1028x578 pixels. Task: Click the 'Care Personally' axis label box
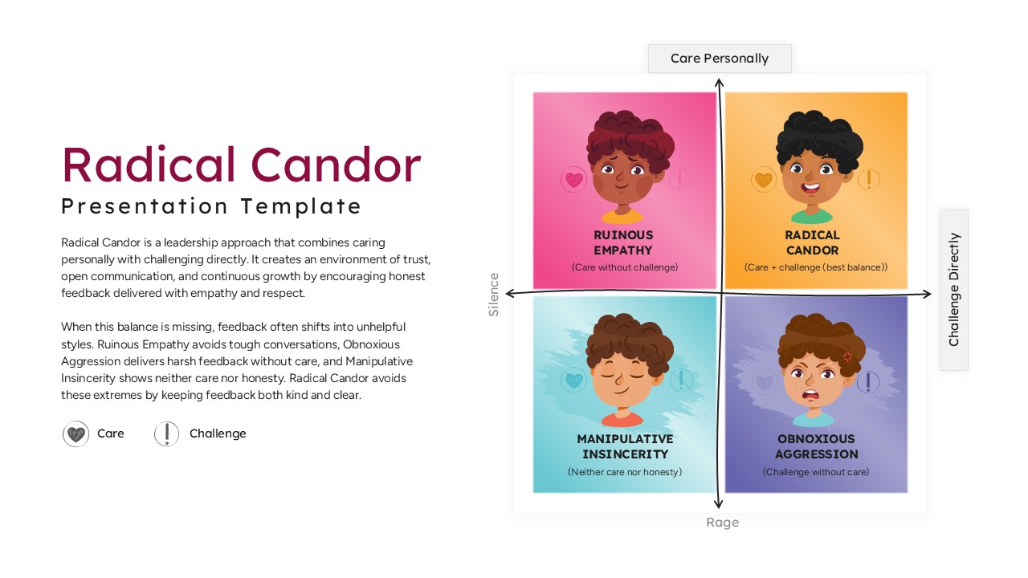(x=720, y=59)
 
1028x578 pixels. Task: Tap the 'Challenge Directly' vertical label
(x=954, y=290)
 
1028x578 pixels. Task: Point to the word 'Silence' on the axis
(x=494, y=295)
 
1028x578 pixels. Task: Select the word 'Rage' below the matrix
(x=722, y=523)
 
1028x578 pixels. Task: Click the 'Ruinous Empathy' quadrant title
(x=623, y=242)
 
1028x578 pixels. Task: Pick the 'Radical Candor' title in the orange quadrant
(x=813, y=242)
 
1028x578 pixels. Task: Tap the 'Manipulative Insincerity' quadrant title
(x=625, y=446)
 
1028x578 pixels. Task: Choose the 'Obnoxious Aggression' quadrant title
(x=816, y=446)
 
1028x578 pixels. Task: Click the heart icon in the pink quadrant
(x=573, y=180)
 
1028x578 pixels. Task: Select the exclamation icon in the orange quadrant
(x=869, y=180)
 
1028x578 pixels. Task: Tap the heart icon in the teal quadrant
(x=573, y=380)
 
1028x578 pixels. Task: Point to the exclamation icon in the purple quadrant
(x=868, y=382)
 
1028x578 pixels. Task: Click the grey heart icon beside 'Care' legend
(x=75, y=434)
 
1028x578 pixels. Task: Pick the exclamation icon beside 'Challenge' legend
(x=166, y=434)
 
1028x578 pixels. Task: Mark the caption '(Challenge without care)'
(x=816, y=472)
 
